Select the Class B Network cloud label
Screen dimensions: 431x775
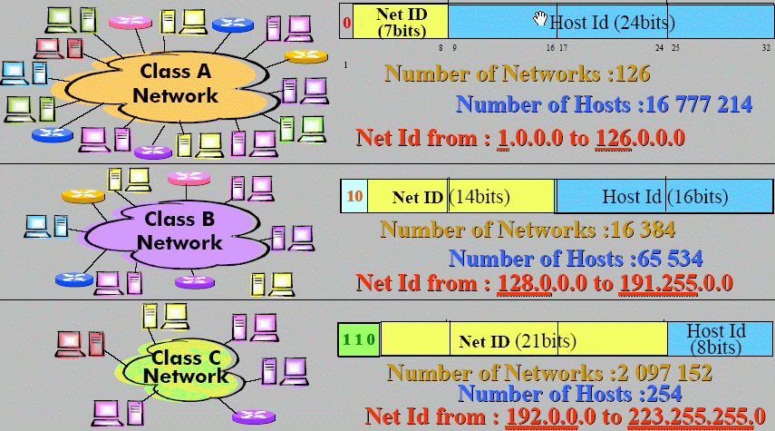point(179,230)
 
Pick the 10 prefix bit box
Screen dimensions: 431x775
point(354,195)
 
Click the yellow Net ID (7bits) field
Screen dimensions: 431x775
point(400,21)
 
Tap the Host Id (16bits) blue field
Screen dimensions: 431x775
point(664,196)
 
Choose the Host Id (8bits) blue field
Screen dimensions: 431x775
point(715,338)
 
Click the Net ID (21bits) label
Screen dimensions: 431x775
point(518,341)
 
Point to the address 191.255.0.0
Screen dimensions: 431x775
point(675,282)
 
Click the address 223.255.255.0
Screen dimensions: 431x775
point(698,416)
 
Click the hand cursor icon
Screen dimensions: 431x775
point(541,18)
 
